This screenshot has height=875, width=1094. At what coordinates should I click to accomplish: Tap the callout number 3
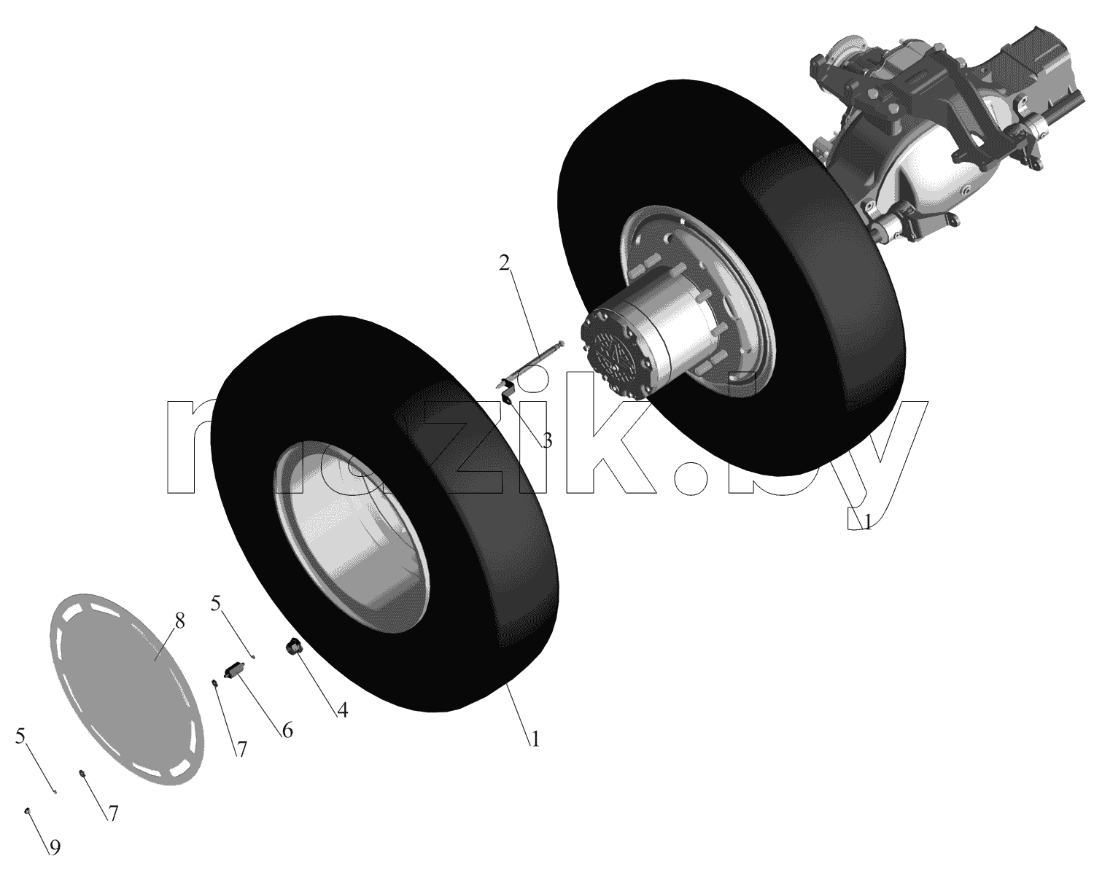click(547, 441)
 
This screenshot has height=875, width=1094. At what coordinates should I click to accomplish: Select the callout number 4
click(343, 710)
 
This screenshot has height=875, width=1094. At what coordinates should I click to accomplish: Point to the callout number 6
click(287, 731)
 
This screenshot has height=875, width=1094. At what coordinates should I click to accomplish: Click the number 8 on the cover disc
click(179, 621)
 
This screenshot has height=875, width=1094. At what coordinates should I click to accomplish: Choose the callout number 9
click(55, 847)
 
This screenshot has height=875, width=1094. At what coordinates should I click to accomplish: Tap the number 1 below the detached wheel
click(535, 740)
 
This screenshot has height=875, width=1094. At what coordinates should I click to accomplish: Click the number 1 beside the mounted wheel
click(867, 522)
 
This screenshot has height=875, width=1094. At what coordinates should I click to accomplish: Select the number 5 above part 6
click(216, 604)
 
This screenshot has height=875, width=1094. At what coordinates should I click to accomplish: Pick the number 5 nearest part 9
click(20, 736)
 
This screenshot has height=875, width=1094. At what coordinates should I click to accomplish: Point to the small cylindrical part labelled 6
click(235, 672)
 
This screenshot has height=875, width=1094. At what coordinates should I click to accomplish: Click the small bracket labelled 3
click(508, 390)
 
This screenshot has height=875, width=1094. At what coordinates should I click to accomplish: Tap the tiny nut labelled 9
click(28, 810)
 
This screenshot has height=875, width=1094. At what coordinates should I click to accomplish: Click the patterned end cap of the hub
click(613, 353)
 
